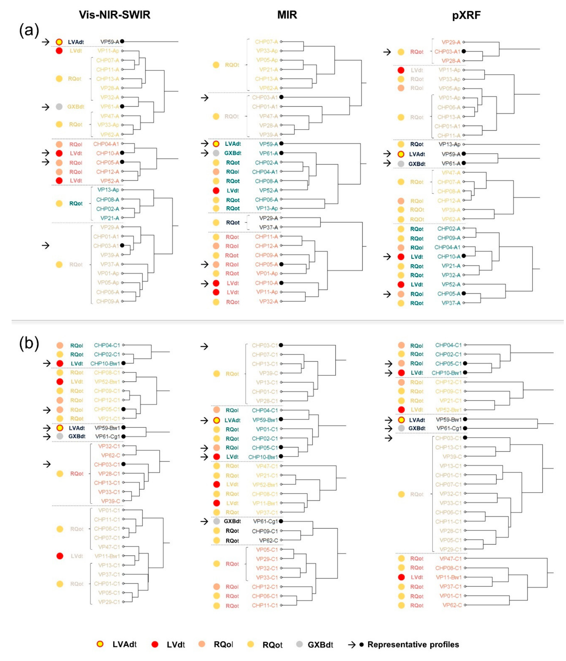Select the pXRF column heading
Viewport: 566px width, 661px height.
click(466, 15)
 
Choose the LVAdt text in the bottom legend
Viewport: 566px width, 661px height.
click(124, 644)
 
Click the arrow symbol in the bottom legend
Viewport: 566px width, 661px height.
click(352, 644)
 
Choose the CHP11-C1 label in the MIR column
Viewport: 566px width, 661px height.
click(265, 605)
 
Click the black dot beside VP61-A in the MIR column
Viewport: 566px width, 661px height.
click(281, 153)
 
